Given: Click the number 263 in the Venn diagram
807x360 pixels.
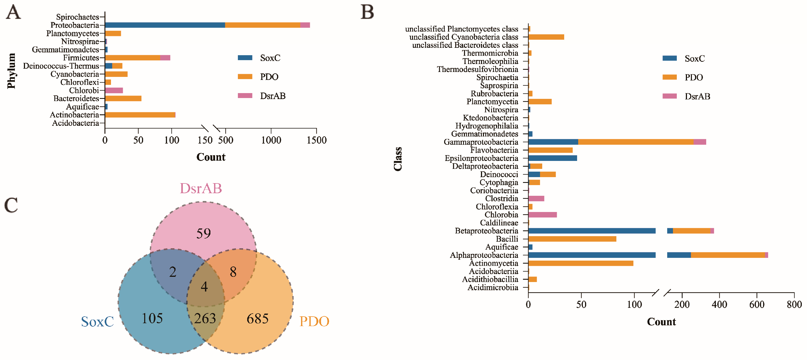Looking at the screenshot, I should [x=205, y=318].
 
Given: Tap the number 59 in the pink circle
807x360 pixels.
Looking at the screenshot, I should [x=203, y=233].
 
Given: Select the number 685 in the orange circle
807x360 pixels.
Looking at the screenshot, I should [x=258, y=319].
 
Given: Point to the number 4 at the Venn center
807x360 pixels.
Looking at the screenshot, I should [x=204, y=286].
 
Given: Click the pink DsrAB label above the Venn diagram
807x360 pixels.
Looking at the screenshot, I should [x=201, y=188].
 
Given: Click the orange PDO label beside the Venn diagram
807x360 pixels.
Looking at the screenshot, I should [x=314, y=321].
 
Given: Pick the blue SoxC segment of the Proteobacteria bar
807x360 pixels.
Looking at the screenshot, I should [x=165, y=25].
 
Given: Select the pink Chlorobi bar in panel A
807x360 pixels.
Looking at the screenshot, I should [x=114, y=90].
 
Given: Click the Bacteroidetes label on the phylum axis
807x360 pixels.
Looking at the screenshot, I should [x=76, y=98].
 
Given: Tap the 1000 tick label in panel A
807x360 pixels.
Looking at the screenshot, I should [x=271, y=140].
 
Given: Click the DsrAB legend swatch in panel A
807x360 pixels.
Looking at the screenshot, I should [x=245, y=96].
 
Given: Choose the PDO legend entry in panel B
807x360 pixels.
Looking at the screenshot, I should [x=693, y=77].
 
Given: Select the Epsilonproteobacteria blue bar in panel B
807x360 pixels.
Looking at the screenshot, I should [x=552, y=158].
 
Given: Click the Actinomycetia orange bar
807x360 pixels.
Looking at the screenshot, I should [x=580, y=263].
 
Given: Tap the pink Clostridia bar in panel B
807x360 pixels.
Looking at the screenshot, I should [x=536, y=198].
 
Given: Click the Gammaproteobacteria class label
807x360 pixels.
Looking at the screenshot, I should [x=481, y=142].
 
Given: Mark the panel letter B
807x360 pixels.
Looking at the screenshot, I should [x=367, y=12].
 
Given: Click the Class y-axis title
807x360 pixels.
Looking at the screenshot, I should [x=397, y=159].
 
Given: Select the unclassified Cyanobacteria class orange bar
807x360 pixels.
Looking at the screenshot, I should [x=546, y=37].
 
